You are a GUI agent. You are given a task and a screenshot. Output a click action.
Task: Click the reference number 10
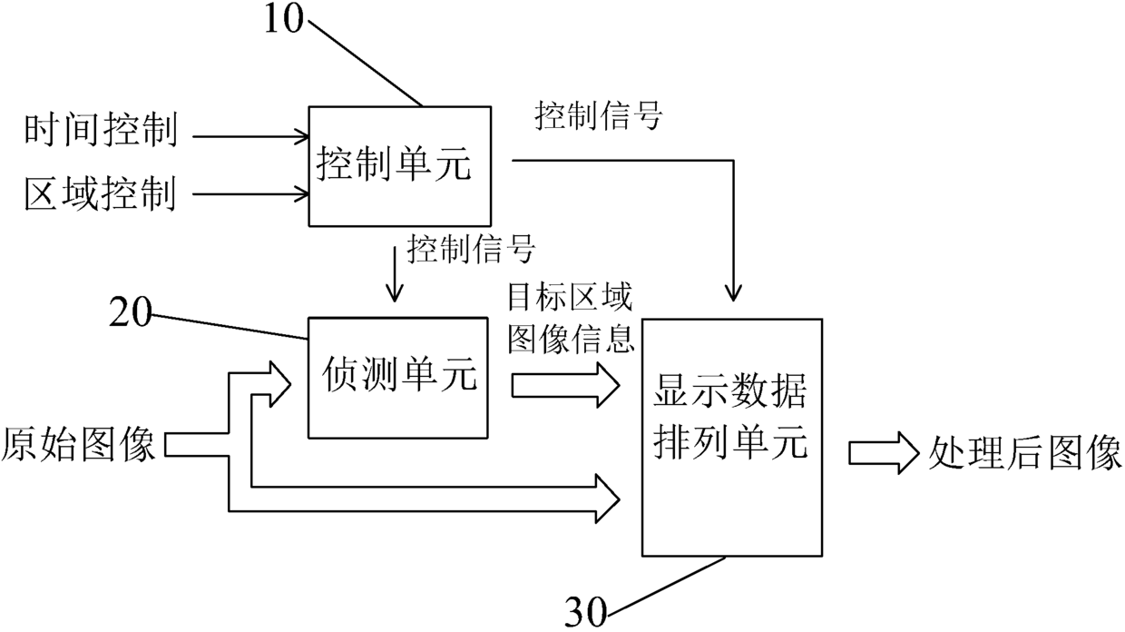point(284,20)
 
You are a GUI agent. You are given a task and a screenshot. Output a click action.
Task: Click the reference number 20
point(130,312)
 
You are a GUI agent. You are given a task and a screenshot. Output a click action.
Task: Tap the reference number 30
point(586,613)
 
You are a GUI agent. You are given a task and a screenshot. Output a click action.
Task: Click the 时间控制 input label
point(101,131)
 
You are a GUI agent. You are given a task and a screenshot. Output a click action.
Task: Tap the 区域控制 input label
point(101,193)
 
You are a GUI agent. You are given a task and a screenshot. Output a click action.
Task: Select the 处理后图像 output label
point(1024,453)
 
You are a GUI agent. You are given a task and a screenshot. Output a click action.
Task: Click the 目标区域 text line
point(570,297)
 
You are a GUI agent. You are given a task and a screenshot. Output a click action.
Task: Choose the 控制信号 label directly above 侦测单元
point(471,249)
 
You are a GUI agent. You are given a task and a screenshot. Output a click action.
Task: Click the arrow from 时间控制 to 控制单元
point(250,136)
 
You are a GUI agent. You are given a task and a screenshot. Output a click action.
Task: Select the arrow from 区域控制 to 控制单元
point(250,193)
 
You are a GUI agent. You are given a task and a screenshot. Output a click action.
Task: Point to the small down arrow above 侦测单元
point(395,274)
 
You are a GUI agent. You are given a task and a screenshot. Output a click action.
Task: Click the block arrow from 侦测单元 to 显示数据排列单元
point(565,385)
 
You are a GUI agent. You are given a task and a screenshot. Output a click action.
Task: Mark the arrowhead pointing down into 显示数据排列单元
point(734,293)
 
